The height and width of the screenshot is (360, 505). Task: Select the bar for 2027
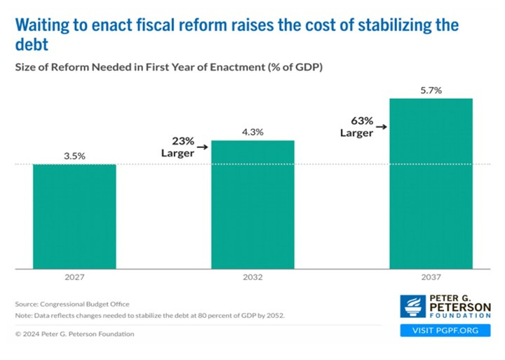(x=74, y=216)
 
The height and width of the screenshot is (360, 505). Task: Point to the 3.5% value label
(x=74, y=156)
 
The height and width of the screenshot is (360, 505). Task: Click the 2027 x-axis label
(x=74, y=278)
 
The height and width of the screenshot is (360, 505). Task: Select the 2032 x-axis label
(x=253, y=278)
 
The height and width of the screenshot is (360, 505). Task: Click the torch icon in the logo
(x=411, y=307)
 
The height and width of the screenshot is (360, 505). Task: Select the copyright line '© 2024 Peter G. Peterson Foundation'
(x=74, y=334)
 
